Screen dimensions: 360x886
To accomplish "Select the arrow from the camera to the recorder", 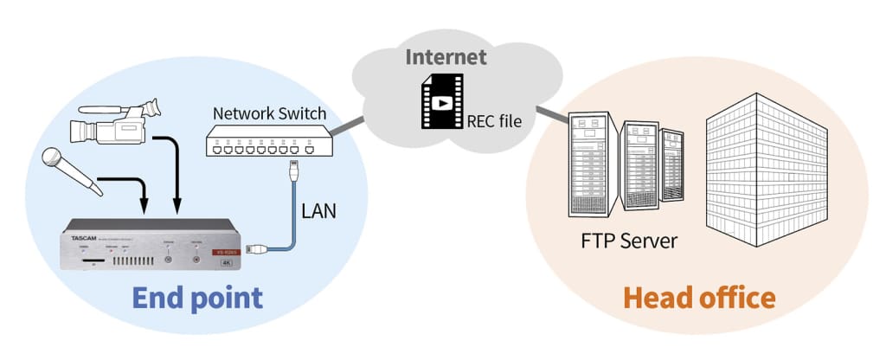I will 177,173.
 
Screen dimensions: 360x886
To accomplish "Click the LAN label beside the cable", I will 318,209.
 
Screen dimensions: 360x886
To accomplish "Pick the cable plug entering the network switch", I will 295,166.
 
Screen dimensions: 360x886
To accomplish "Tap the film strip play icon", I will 442,102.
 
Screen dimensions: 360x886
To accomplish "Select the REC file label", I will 494,121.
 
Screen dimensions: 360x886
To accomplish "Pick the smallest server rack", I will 672,165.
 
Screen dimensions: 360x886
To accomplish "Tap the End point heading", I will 197,299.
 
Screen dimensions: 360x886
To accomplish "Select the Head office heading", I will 699,299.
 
